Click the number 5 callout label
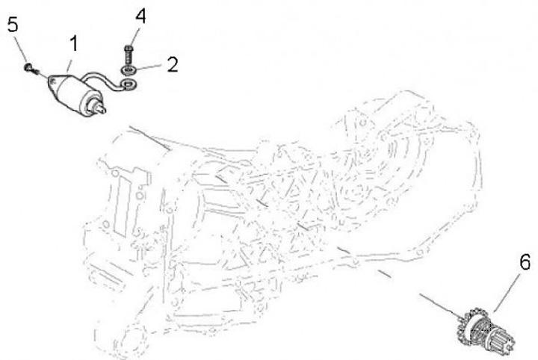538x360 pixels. click(x=13, y=25)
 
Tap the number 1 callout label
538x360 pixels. click(x=73, y=44)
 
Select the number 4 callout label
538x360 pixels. click(x=140, y=16)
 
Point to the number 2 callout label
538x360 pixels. click(x=173, y=64)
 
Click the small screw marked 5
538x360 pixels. click(x=30, y=68)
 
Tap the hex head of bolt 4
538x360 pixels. click(x=129, y=49)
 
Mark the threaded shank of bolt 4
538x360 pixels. click(x=129, y=58)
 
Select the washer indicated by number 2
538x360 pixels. click(x=129, y=70)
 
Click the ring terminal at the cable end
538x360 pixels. click(x=129, y=84)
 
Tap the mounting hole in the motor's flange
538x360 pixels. click(x=52, y=81)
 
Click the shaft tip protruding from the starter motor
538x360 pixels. click(x=102, y=109)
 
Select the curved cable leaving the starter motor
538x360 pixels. click(x=103, y=81)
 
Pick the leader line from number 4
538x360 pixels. click(x=134, y=37)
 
